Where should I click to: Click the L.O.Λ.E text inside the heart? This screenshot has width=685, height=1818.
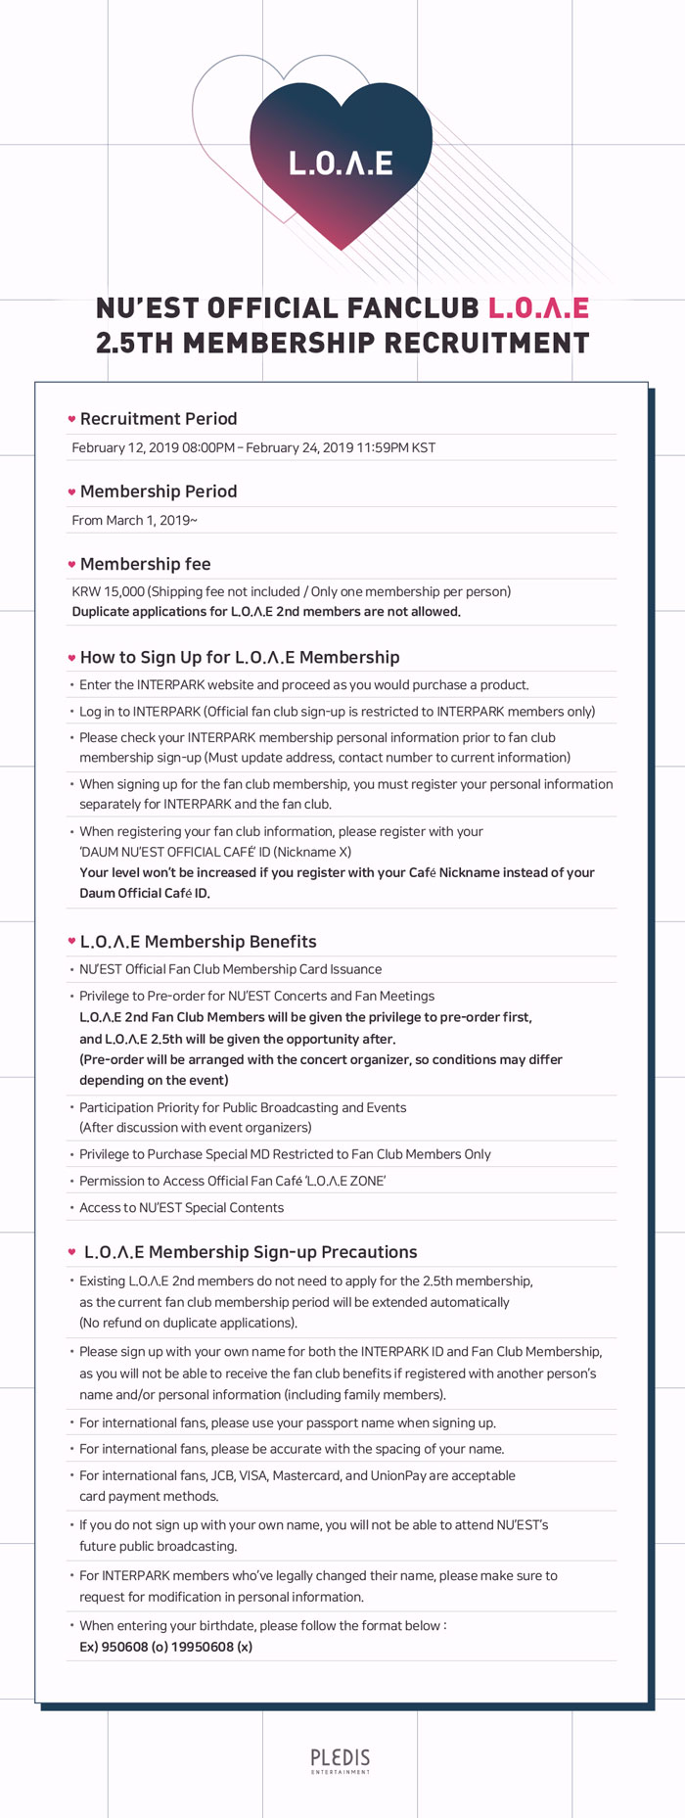click(341, 163)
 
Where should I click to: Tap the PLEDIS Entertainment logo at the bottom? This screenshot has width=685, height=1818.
click(341, 1759)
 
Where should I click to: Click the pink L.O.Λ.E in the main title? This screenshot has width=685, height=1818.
click(538, 308)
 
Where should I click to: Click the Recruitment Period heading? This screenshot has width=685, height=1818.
click(159, 419)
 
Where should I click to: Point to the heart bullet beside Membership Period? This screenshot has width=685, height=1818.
click(71, 491)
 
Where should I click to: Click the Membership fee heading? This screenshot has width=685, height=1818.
click(145, 564)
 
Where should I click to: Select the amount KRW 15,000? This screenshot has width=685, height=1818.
click(108, 591)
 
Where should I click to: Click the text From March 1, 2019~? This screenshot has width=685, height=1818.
click(134, 520)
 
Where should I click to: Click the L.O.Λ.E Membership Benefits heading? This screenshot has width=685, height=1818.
click(199, 942)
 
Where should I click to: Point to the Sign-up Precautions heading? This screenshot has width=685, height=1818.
click(251, 1252)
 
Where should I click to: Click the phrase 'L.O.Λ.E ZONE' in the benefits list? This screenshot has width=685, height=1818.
click(347, 1181)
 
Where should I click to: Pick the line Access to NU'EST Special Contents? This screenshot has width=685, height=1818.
click(181, 1208)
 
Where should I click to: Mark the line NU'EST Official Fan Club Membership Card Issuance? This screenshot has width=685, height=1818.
click(230, 969)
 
